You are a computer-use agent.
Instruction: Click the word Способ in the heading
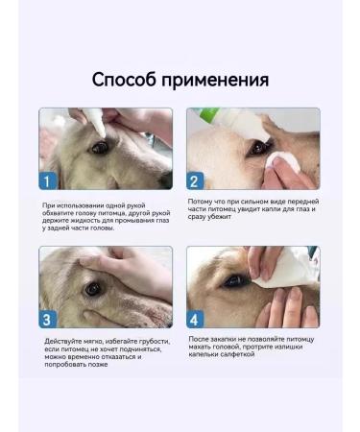pos(128,80)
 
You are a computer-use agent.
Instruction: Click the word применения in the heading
pos(217,80)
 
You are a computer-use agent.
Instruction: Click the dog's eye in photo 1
pos(100,147)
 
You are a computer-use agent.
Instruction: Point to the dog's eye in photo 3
pos(93,287)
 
